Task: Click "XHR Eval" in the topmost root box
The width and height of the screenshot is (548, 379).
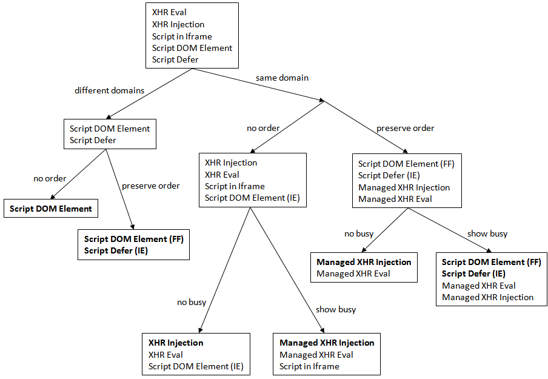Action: pos(169,13)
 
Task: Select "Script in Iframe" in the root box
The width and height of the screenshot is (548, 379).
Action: pos(182,36)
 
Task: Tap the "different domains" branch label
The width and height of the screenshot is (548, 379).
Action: pos(110,90)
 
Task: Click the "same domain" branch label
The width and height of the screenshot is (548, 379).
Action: pos(282,78)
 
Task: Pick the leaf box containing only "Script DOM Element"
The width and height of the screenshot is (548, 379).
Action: pos(51,209)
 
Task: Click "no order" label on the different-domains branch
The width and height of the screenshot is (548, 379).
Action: pos(50,178)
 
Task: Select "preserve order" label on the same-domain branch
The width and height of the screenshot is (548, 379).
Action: pos(406,128)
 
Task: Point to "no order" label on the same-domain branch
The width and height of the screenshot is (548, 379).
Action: pos(263,128)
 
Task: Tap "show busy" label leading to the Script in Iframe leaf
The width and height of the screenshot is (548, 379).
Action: pos(336,309)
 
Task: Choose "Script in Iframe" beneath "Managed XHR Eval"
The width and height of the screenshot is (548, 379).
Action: pos(309,366)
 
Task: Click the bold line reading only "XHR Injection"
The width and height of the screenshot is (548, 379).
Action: pos(176,343)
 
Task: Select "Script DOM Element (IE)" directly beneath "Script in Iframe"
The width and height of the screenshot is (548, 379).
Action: pos(252,198)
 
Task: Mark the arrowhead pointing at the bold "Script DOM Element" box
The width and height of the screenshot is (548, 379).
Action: pos(52,197)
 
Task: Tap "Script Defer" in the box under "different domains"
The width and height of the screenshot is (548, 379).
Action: pos(93,140)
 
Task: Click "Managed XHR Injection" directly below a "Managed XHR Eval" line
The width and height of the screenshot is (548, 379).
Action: pos(487,297)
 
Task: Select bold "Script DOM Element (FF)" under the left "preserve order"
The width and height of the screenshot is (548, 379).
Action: pos(133,239)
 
